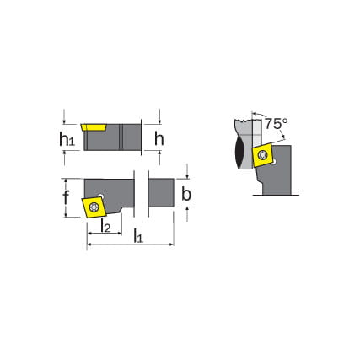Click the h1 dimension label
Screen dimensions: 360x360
[x=67, y=139]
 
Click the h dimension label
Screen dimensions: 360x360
[x=159, y=138]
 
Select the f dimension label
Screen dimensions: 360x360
[x=66, y=197]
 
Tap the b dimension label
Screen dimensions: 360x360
[x=186, y=194]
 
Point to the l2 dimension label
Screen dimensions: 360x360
[x=105, y=225]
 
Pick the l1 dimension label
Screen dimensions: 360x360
[x=138, y=236]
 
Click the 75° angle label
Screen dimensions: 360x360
[x=277, y=124]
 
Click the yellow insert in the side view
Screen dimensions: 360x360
[x=94, y=127]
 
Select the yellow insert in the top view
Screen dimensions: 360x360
[x=94, y=207]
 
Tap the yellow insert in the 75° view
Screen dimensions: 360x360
[x=263, y=154]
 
